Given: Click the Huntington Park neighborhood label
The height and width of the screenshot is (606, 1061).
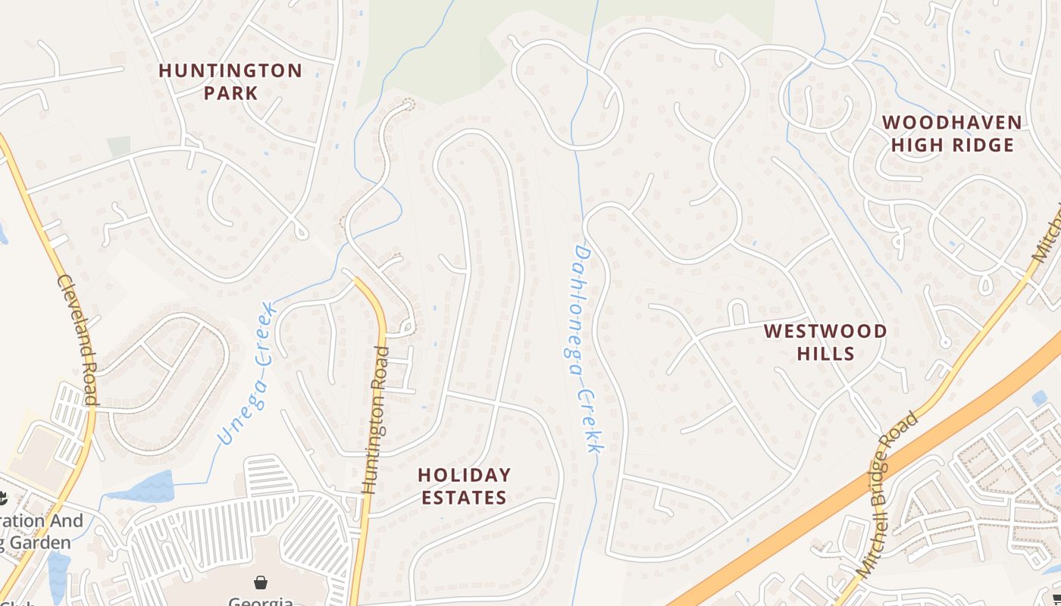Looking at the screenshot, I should (x=230, y=82).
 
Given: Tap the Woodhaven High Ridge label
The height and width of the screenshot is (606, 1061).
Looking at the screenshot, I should (x=952, y=133).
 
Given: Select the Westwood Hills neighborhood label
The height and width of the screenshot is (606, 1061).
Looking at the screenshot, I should (x=825, y=342).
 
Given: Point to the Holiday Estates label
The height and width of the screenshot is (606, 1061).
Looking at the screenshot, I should (x=464, y=486).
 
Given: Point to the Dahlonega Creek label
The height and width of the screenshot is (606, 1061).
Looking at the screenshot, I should (x=583, y=348).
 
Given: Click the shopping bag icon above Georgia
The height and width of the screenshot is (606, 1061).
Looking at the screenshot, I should (x=261, y=583).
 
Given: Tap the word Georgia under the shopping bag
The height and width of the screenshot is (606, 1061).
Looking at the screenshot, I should (x=261, y=601).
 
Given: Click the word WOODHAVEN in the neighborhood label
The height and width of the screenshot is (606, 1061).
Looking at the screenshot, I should (x=952, y=122).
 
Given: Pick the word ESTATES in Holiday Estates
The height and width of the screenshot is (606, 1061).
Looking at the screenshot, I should (x=464, y=498).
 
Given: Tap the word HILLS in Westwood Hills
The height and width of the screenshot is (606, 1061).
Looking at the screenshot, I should (x=825, y=353).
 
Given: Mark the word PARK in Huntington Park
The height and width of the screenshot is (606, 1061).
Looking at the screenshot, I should (x=230, y=93).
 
